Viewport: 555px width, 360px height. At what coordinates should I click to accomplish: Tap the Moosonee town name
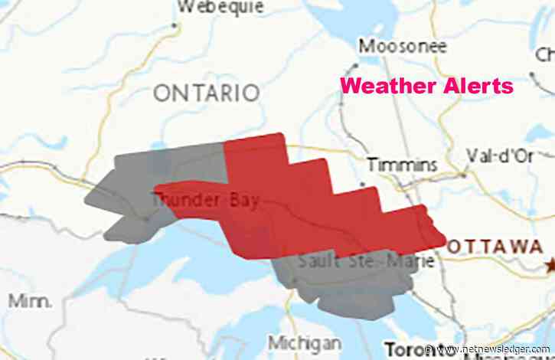pyautogui.click(x=402, y=46)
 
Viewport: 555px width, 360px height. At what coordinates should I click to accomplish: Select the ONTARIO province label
pyautogui.click(x=207, y=93)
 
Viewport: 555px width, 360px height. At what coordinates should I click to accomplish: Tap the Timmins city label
pyautogui.click(x=402, y=164)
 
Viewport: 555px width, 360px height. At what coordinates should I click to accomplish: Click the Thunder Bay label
pyautogui.click(x=205, y=201)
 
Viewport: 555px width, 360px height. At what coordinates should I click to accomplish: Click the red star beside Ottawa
pyautogui.click(x=548, y=265)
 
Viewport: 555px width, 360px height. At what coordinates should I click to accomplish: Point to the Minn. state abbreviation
pyautogui.click(x=31, y=301)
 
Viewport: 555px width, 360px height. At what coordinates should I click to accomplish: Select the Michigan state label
pyautogui.click(x=305, y=342)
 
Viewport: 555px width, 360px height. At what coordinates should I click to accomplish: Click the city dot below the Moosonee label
pyautogui.click(x=357, y=64)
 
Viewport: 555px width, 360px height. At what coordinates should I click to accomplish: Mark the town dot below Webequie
pyautogui.click(x=175, y=25)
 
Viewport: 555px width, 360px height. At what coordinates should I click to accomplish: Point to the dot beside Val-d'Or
pyautogui.click(x=463, y=175)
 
